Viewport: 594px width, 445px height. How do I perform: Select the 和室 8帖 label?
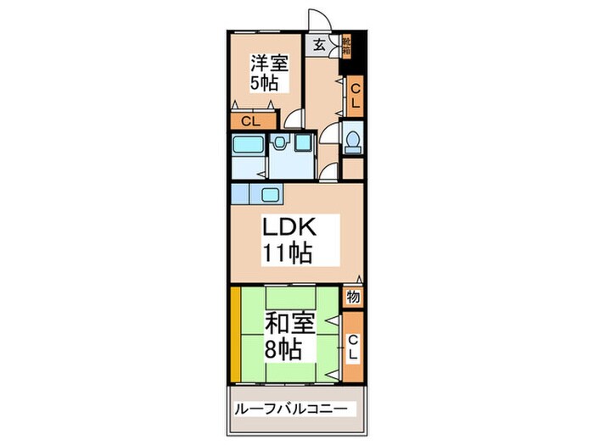pyautogui.click(x=291, y=335)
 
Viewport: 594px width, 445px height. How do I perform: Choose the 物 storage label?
pyautogui.click(x=353, y=298)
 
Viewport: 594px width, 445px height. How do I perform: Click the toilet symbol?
pyautogui.click(x=352, y=140)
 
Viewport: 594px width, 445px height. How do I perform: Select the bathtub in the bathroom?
pyautogui.click(x=248, y=145)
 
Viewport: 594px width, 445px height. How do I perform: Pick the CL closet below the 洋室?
pyautogui.click(x=251, y=121)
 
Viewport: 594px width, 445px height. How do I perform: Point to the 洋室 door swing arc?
pyautogui.click(x=294, y=120)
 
